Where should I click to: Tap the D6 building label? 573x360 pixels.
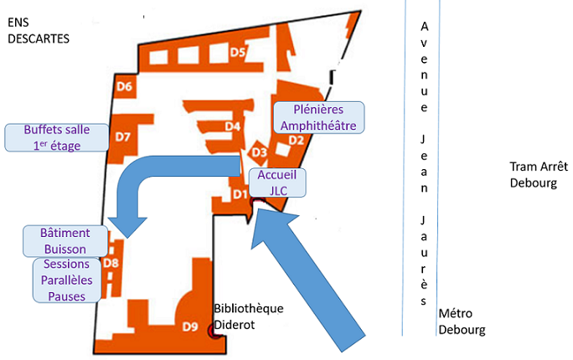click(125, 85)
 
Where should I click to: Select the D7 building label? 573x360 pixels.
click(124, 136)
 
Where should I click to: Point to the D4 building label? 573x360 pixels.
click(234, 126)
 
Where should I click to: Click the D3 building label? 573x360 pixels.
click(259, 152)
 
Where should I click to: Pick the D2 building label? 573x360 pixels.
click(296, 140)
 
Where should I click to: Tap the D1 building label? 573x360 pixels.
click(239, 195)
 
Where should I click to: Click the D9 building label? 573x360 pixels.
click(190, 326)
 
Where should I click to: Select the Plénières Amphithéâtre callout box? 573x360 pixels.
click(318, 117)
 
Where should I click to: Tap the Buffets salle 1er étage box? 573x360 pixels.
click(57, 137)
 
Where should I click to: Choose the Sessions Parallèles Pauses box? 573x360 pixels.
click(67, 280)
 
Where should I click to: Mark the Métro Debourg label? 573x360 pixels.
click(462, 321)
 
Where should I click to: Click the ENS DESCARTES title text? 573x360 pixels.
click(39, 30)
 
